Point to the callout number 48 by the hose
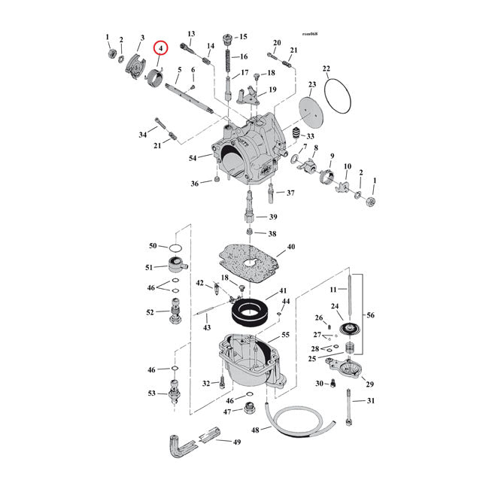(x=256, y=430)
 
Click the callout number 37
(x=290, y=193)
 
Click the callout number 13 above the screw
(x=191, y=34)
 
